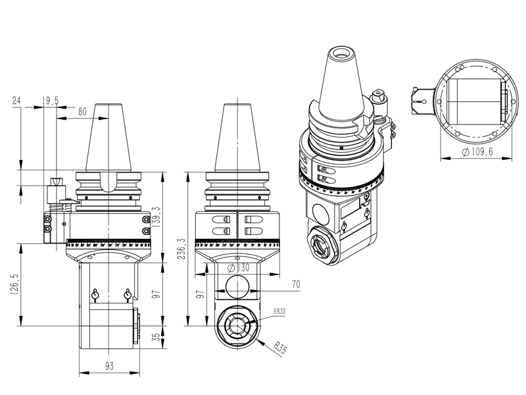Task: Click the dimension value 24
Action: coord(16,100)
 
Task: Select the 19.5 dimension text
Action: coord(51,100)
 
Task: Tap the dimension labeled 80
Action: coord(82,111)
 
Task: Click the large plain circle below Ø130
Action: coord(237,287)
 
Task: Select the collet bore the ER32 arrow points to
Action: coord(236,325)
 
